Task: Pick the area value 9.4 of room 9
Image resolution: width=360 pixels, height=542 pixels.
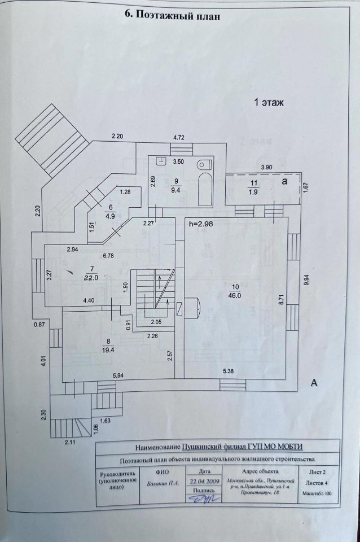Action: (x=177, y=190)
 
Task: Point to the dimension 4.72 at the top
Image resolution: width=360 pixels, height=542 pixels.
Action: (x=179, y=137)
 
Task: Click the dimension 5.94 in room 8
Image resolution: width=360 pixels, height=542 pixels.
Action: (x=118, y=376)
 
